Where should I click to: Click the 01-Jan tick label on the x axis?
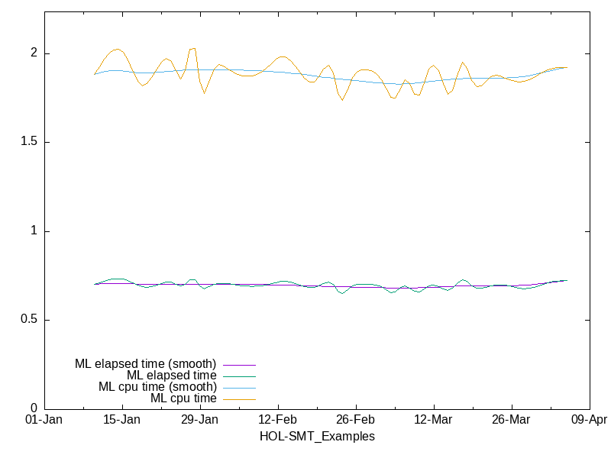[44, 420]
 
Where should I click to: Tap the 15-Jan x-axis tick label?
[122, 420]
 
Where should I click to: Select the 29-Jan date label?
[200, 420]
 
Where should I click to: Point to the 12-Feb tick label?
[278, 420]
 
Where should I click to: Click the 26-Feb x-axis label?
[356, 420]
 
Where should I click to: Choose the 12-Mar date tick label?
[434, 420]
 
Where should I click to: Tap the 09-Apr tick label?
[589, 420]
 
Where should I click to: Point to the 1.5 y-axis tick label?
[28, 142]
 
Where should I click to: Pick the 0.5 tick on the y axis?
[28, 320]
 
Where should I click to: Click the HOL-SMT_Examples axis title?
[317, 437]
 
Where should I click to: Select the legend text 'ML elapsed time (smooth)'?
[145, 363]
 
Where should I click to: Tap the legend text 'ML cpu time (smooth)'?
[157, 386]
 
